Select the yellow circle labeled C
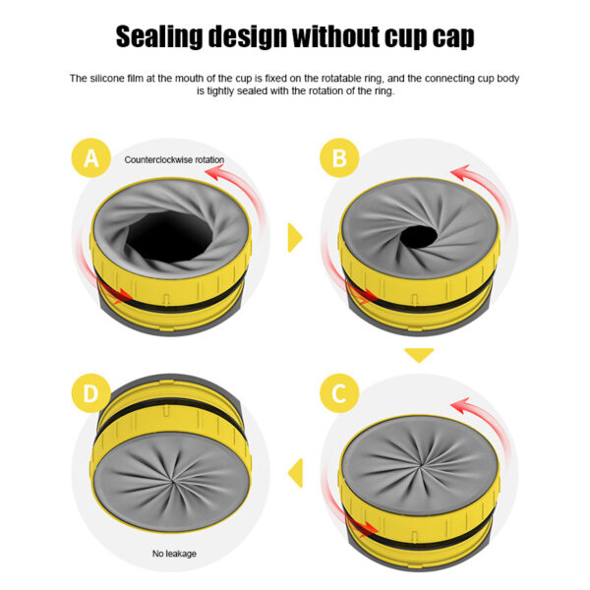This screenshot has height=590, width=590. [x=339, y=395]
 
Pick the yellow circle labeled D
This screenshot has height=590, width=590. [x=91, y=395]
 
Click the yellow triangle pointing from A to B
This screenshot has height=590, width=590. [x=294, y=236]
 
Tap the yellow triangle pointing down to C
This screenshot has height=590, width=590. [x=420, y=355]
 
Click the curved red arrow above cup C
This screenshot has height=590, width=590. [x=477, y=408]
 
